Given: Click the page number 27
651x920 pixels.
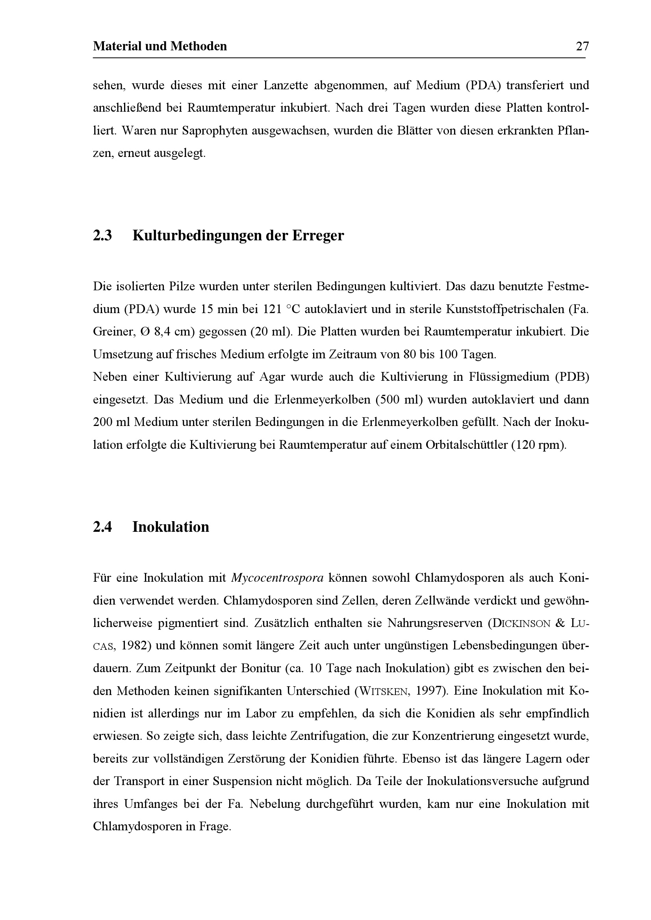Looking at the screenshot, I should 582,46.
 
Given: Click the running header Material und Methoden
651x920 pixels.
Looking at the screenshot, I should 160,46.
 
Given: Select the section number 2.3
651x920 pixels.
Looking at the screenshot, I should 102,236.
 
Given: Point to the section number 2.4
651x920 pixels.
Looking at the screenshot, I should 102,527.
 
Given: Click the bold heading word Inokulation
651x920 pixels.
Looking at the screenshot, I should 171,527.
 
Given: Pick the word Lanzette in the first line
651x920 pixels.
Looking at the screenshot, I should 285,85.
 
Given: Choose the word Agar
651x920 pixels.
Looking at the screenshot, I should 272,377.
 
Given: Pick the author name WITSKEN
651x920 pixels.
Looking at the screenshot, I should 384,691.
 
